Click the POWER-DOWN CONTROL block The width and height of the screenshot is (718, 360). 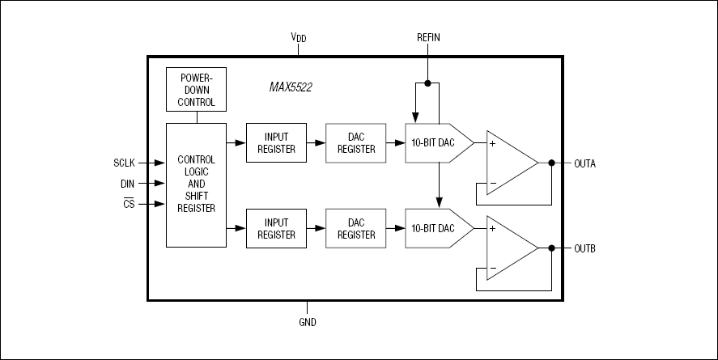coord(195,89)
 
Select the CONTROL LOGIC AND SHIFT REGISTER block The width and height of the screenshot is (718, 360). coord(195,184)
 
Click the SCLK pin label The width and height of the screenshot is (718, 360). coord(125,162)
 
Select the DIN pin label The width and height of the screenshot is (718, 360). coord(128,184)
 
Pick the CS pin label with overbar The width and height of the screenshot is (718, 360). coord(129,205)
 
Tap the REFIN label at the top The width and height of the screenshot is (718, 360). coord(428,37)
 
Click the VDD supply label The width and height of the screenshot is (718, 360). coord(299,37)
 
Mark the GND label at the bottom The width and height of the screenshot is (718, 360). coord(307,322)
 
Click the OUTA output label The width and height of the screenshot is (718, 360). coord(585,163)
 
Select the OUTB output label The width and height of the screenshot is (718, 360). coord(585,248)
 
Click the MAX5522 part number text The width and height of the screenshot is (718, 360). coord(290,86)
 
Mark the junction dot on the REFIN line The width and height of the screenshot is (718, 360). coord(428,82)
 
